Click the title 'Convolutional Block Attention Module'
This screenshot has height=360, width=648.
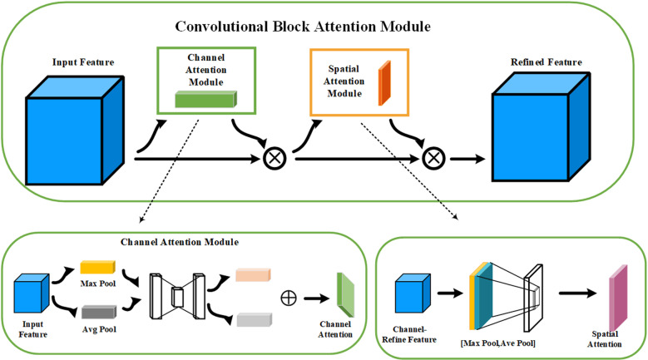[x=303, y=27]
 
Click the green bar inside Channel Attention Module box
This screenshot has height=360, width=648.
[x=205, y=99]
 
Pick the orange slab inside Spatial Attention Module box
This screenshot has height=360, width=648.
[x=384, y=83]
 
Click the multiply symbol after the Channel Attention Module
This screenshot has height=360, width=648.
[x=275, y=158]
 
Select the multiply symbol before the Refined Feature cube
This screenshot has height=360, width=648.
[x=433, y=158]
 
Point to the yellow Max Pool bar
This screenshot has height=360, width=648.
[x=97, y=267]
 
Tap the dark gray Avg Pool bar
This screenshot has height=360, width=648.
[x=99, y=312]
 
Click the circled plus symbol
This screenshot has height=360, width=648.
[x=289, y=298]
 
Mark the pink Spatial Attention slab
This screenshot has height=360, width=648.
[x=618, y=298]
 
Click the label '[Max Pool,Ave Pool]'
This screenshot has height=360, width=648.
[x=497, y=343]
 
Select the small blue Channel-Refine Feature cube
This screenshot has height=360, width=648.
[x=413, y=293]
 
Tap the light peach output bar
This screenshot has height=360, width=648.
[x=253, y=275]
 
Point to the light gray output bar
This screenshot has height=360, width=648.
[x=255, y=320]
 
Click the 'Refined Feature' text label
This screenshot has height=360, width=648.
[x=547, y=62]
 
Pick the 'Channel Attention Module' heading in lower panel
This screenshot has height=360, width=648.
[x=180, y=242]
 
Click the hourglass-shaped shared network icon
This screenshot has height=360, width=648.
[x=177, y=296]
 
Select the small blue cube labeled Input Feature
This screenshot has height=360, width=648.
[x=32, y=293]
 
